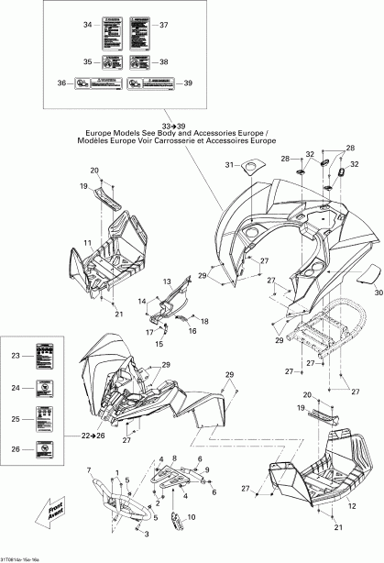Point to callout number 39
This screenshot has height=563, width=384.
[188, 83]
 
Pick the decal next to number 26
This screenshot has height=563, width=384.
[43, 448]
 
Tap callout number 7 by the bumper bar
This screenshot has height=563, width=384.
[90, 473]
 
